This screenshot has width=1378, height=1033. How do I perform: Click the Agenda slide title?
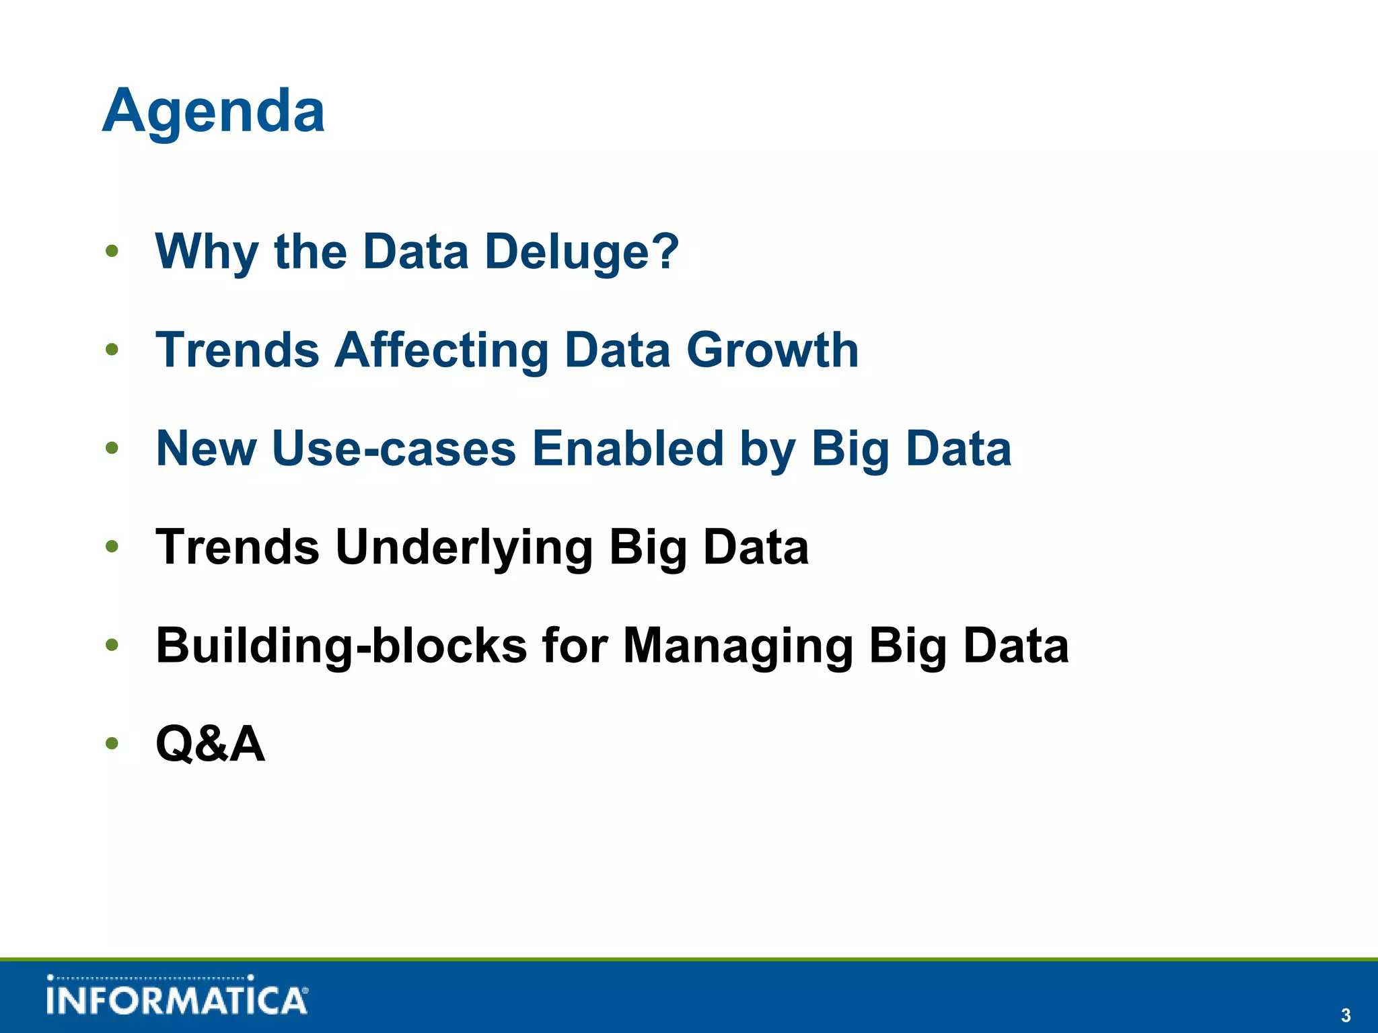click(214, 112)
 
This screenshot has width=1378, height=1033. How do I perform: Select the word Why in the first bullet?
click(206, 252)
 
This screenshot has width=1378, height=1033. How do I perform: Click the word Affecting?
click(441, 350)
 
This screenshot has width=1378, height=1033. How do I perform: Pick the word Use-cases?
click(394, 449)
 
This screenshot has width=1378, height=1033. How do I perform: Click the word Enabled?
click(628, 449)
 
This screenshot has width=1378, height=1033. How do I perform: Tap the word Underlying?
click(464, 547)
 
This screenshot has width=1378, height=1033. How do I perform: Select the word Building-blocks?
click(341, 646)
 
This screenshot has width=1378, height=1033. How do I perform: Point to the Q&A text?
click(210, 744)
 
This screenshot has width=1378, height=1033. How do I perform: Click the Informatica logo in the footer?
click(177, 996)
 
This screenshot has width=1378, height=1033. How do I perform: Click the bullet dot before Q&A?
click(112, 744)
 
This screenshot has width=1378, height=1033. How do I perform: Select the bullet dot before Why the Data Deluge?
click(112, 252)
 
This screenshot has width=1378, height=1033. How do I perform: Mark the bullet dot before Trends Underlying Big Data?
click(112, 547)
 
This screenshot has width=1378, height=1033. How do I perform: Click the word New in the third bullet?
click(206, 449)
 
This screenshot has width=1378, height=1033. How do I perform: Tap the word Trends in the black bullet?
click(238, 547)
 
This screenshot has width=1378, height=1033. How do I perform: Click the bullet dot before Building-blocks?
click(112, 646)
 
